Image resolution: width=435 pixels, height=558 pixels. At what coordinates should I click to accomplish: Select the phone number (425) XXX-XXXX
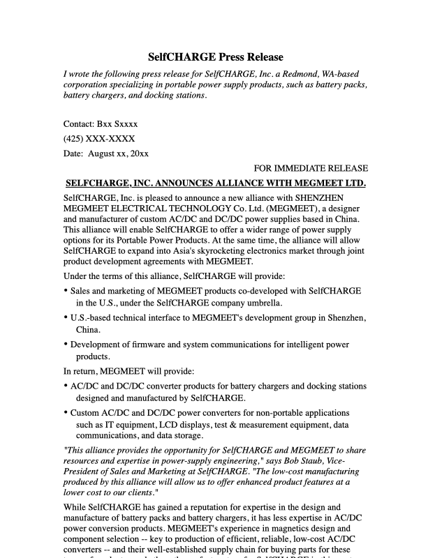click(x=99, y=139)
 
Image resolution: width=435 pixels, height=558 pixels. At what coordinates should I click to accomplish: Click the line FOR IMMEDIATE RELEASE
click(x=310, y=168)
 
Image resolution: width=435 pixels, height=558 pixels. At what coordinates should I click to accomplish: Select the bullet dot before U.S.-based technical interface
click(x=66, y=318)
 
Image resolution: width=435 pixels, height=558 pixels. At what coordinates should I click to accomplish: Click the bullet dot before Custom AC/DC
click(x=66, y=413)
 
